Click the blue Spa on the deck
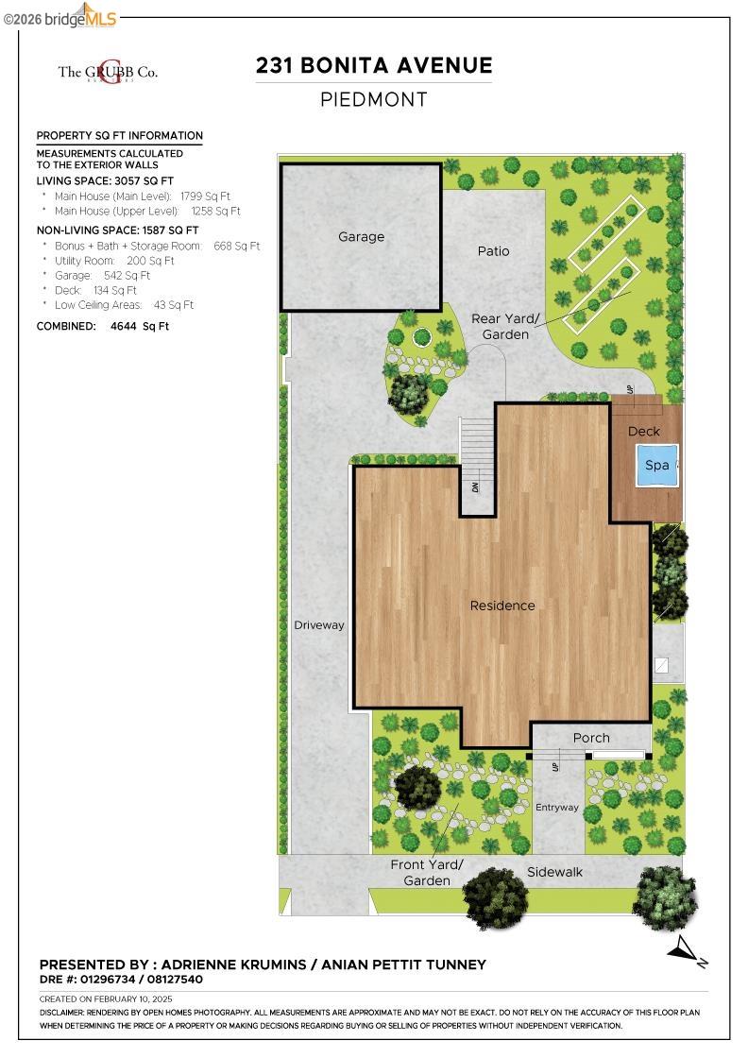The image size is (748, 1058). (657, 465)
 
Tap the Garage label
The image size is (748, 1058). (362, 236)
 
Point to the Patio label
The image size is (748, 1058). (493, 250)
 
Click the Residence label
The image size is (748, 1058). (502, 606)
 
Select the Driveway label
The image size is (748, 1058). (319, 625)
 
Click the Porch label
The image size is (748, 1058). (591, 738)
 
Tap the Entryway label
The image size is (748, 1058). (556, 808)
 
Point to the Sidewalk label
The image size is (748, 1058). (555, 872)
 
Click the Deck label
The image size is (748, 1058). (644, 432)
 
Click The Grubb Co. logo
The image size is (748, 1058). (108, 72)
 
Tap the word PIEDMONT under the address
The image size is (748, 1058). (374, 99)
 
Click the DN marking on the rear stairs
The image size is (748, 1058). (476, 488)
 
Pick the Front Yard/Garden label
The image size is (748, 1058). (427, 872)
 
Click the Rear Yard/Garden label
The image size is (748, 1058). (505, 327)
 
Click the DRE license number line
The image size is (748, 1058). (121, 980)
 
